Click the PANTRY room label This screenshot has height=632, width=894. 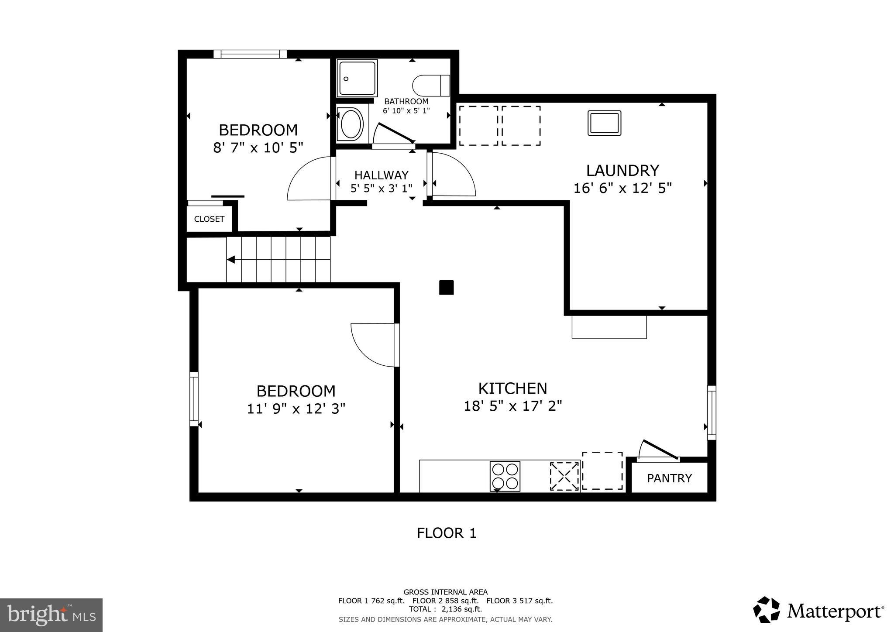coord(669,478)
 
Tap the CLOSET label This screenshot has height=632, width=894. coord(209,219)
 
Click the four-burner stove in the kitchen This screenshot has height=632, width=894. coord(505,476)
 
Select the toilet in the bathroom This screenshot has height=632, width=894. coord(431,85)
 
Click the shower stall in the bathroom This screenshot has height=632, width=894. coord(357,78)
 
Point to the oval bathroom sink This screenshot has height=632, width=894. coord(351,124)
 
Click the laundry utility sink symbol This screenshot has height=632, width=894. coord(604,123)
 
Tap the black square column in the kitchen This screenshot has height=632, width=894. coord(446,288)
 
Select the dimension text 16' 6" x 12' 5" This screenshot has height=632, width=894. coord(622,188)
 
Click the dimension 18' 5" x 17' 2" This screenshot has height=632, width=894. coord(512,406)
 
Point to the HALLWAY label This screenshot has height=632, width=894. coord(381,175)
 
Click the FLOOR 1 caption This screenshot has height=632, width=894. coord(446,533)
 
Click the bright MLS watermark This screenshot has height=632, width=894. coord(51,615)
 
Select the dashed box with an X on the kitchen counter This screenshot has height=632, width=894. coord(564,476)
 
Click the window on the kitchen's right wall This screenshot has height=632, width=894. coord(712,412)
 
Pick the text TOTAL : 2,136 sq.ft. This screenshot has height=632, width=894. coord(445,609)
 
